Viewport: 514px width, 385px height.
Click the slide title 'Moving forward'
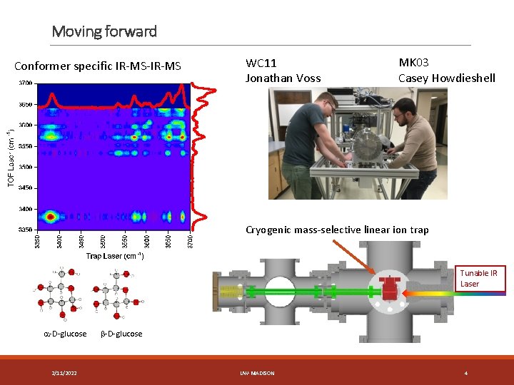(x=104, y=31)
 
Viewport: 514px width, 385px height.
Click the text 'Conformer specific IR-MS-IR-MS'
(x=98, y=67)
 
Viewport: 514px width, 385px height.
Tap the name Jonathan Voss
(x=283, y=78)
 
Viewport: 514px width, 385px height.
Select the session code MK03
(x=413, y=63)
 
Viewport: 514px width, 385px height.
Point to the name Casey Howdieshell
(x=446, y=78)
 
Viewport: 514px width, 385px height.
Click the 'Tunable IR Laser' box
(x=479, y=279)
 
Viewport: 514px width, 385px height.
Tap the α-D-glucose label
(x=64, y=334)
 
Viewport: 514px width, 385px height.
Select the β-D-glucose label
(x=121, y=334)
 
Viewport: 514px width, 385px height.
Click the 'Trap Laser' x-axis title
(x=115, y=255)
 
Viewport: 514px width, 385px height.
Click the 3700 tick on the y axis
(x=25, y=83)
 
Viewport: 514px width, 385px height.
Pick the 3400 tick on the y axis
(x=25, y=209)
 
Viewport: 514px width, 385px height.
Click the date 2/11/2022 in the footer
(x=65, y=373)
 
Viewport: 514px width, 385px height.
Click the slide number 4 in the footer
(x=465, y=373)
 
